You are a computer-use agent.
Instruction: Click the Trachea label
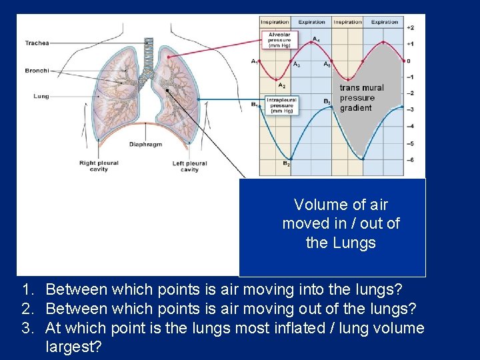(37, 43)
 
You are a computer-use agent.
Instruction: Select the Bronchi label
(37, 71)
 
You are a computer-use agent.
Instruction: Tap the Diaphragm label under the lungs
(145, 144)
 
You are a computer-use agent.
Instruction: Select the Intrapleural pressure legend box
(280, 105)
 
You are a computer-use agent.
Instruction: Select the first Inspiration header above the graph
(275, 22)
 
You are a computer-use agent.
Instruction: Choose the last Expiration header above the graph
(385, 22)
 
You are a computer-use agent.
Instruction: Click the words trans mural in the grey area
(361, 87)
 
